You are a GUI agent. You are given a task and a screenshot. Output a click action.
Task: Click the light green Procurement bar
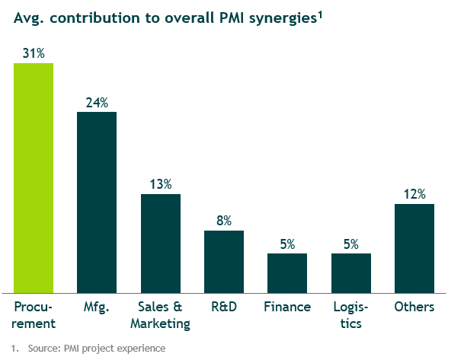[34, 177]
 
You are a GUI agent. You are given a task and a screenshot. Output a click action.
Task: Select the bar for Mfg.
[97, 202]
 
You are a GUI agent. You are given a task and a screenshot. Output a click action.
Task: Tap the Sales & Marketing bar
[160, 243]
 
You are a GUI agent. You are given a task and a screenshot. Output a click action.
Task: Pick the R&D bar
[224, 261]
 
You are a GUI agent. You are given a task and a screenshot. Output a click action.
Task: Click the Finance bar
[287, 272]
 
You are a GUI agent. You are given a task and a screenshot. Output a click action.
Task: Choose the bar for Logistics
[350, 272]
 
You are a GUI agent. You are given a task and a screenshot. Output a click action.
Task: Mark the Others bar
[414, 247]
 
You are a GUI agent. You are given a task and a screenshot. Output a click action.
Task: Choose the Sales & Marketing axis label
[160, 316]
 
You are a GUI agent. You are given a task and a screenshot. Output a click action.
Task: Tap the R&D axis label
[224, 307]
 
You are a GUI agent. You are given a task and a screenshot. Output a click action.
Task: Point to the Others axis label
[414, 307]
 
